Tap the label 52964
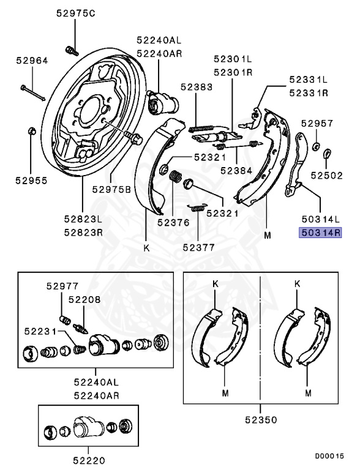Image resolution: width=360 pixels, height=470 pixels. click(x=31, y=61)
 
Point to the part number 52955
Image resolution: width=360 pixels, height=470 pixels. click(x=31, y=181)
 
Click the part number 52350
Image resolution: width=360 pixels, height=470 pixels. click(x=260, y=420)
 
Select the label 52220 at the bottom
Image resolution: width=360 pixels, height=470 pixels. click(x=90, y=460)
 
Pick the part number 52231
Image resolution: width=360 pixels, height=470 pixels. click(x=40, y=331)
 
